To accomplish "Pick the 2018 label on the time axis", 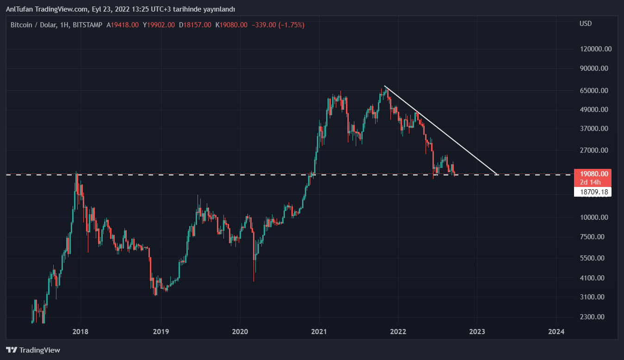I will click(80, 331).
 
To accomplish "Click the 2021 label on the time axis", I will click(319, 331).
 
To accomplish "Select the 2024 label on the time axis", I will click(556, 331).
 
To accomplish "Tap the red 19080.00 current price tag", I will click(592, 174).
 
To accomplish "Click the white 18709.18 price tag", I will click(592, 192).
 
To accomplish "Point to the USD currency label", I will click(586, 24).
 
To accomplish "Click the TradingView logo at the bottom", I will click(33, 350).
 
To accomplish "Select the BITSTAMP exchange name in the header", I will click(87, 25).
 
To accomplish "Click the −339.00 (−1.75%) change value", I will click(278, 25).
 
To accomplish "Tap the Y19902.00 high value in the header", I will click(159, 25).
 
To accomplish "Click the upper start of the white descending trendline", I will click(385, 87).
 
